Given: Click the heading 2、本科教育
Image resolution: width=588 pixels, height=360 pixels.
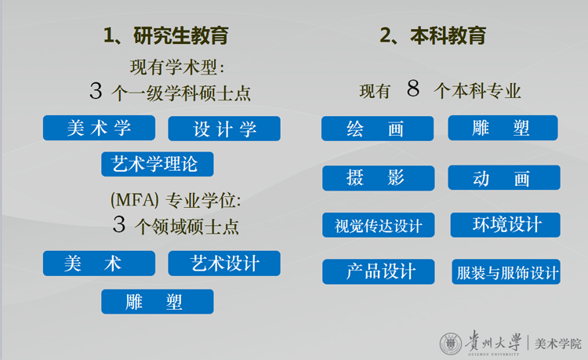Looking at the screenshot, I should pos(433,36).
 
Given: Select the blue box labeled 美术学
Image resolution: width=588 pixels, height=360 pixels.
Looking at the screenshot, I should pos(99,128).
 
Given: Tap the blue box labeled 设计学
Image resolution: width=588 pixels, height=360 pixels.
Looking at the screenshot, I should pos(224,129).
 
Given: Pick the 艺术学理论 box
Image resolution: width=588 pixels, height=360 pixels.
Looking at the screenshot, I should pos(157,164).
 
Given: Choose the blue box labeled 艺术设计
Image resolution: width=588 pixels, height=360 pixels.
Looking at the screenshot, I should pos(224,264).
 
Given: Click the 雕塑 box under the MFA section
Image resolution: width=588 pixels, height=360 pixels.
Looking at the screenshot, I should pos(157,301).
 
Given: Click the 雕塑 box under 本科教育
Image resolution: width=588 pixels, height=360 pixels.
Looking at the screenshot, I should pos(503,128).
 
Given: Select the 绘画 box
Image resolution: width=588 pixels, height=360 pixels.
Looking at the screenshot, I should pos(377,129).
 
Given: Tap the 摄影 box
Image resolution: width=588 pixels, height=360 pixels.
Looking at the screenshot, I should pos(377,178).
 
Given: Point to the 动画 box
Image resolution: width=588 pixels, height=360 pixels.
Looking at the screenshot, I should pos(503,178).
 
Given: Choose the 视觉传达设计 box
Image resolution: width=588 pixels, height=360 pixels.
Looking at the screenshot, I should pos(378,226).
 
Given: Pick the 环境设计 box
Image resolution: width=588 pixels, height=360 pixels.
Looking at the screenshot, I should pos(506,225).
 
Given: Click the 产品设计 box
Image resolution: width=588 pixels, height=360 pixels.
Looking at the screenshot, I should pos(378,272).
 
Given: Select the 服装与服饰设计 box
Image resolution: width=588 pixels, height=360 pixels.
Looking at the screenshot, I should pos(506,272).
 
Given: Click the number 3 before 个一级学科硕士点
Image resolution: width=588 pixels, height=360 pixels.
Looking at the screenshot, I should pos(96,92).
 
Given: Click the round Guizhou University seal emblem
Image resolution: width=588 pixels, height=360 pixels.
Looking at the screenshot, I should pos(451,344).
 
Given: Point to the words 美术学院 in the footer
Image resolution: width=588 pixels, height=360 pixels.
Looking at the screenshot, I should pos(557,344).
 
